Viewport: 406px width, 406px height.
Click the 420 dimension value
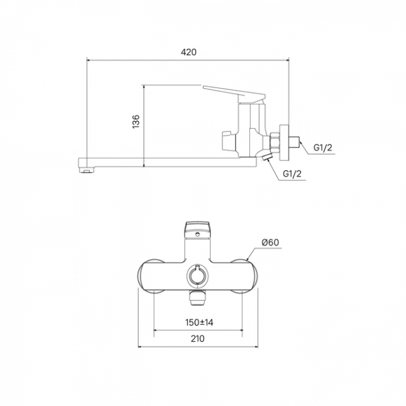(189, 52)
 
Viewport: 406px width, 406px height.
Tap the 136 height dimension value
(136, 121)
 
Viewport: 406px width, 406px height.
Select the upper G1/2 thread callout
(323, 147)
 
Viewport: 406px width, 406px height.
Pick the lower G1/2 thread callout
(292, 174)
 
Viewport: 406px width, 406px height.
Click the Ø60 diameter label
(270, 242)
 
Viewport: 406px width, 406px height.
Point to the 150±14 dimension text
(199, 322)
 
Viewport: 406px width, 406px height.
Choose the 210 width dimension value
(197, 339)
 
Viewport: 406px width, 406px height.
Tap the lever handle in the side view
(234, 94)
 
